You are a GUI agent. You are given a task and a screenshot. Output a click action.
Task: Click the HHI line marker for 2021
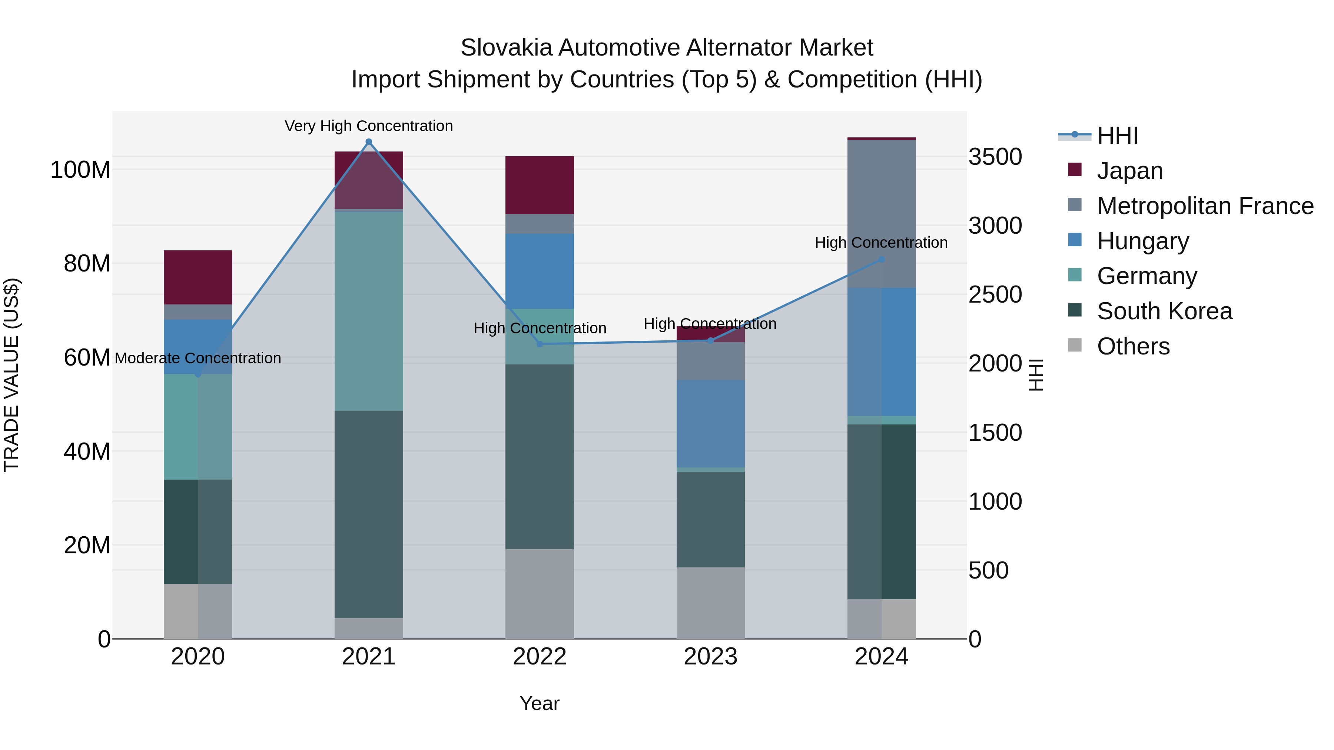pos(369,142)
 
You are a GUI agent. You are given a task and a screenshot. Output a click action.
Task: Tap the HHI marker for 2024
pos(882,259)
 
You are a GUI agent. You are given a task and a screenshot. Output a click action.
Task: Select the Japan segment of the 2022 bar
pos(539,185)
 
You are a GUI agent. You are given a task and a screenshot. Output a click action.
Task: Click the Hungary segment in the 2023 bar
pos(710,423)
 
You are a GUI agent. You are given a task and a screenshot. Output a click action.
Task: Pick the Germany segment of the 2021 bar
pos(369,311)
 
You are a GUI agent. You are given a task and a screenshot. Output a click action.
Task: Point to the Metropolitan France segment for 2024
pos(882,213)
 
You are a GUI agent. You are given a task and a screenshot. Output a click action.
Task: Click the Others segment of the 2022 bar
pos(539,593)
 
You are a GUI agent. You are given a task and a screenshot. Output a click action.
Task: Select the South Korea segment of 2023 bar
pos(710,519)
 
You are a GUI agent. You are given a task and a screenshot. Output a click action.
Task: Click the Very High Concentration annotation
pos(369,126)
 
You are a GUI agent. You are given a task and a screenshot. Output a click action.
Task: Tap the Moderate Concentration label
pos(198,358)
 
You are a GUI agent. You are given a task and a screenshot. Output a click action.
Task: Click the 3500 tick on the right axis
pos(995,157)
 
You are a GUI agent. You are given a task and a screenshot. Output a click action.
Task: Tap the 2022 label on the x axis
pos(539,656)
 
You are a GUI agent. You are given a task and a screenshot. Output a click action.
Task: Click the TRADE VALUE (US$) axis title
pos(11,375)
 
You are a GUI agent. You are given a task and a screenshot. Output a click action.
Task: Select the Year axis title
pos(539,703)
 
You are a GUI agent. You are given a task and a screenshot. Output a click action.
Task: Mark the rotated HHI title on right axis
pos(1035,375)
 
